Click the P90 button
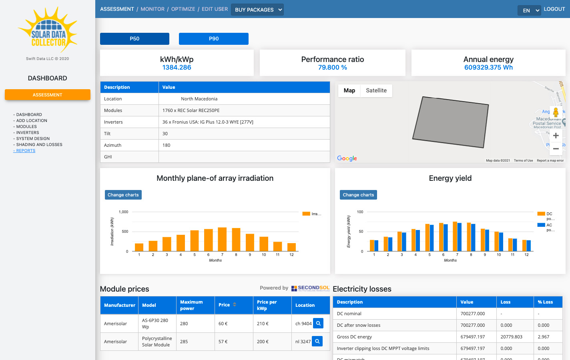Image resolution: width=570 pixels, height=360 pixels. pyautogui.click(x=213, y=39)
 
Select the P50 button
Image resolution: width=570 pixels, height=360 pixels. pyautogui.click(x=134, y=39)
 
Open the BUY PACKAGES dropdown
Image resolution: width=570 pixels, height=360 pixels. pyautogui.click(x=257, y=10)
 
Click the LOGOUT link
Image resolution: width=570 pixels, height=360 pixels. pyautogui.click(x=554, y=9)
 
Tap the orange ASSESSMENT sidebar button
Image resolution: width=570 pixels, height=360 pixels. pyautogui.click(x=48, y=95)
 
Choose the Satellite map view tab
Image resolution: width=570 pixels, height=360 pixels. pyautogui.click(x=376, y=91)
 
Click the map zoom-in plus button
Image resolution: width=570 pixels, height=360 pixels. pyautogui.click(x=556, y=136)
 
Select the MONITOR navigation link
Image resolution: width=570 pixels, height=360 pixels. pyautogui.click(x=153, y=9)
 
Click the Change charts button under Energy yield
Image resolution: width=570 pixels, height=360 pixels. pyautogui.click(x=358, y=195)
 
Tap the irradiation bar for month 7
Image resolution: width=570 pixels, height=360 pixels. pyautogui.click(x=222, y=239)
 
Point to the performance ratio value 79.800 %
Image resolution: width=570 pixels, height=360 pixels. pyautogui.click(x=332, y=68)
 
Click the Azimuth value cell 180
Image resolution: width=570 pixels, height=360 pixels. pyautogui.click(x=167, y=145)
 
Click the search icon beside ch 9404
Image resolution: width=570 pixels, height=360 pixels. pyautogui.click(x=318, y=323)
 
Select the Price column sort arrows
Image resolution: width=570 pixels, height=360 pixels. pyautogui.click(x=235, y=305)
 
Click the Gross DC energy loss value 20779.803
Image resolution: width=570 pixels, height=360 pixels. pyautogui.click(x=511, y=337)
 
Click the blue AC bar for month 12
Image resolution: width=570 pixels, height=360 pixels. pyautogui.click(x=529, y=246)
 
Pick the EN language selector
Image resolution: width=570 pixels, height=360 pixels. pyautogui.click(x=529, y=10)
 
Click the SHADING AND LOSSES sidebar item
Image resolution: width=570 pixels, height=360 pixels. pyautogui.click(x=39, y=145)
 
